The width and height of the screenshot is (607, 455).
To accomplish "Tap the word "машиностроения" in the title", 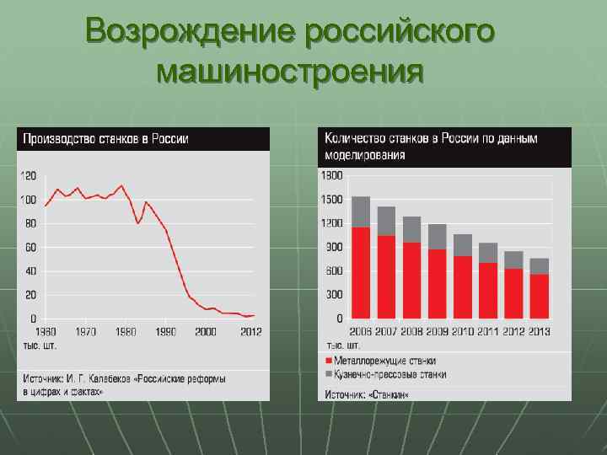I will pos(289,72).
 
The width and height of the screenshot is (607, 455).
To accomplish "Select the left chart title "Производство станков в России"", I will pos(105,139).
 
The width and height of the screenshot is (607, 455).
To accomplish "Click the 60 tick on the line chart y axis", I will pos(30,248).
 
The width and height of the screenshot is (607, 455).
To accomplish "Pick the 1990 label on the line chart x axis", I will pos(164,332).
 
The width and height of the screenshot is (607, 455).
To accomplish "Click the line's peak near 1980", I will pos(122,185).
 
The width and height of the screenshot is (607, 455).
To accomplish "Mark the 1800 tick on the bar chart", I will pos(332,176).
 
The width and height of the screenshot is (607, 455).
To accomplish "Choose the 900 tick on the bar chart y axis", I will pos(334,248).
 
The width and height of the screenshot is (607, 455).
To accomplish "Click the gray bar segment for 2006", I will pos(361,211).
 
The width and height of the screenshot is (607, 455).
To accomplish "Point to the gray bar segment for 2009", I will pos(437,237).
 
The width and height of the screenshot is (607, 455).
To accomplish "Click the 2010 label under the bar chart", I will pos(463,332).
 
